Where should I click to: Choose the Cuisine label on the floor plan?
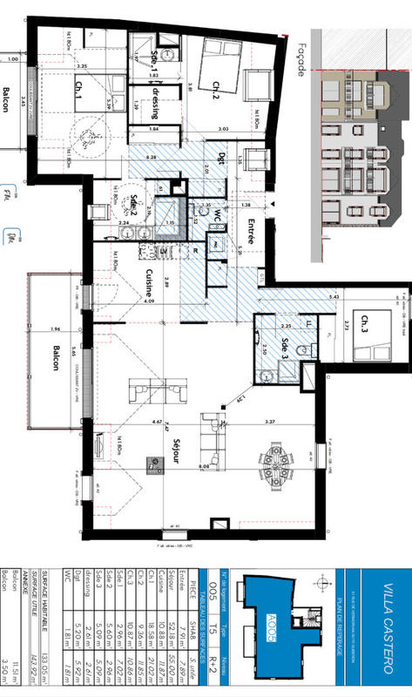pyautogui.click(x=149, y=283)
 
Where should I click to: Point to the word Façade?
pyautogui.click(x=301, y=60)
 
